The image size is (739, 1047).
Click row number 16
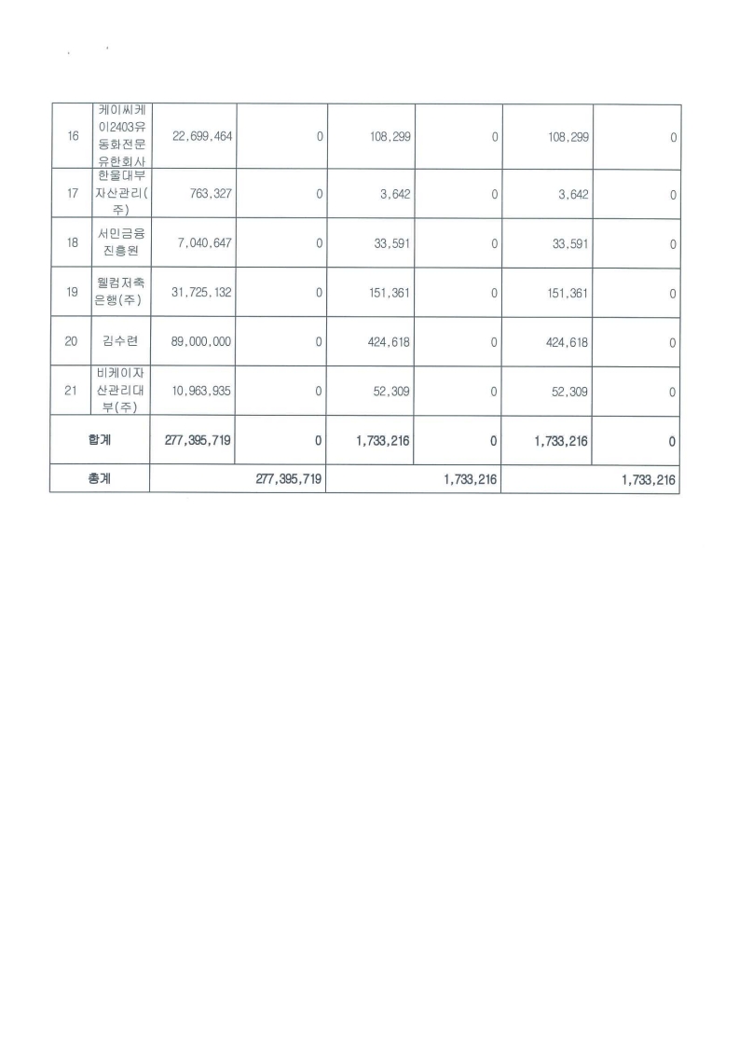[x=74, y=137]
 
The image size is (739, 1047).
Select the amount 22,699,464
[x=201, y=137]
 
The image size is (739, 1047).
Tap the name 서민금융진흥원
[x=121, y=243]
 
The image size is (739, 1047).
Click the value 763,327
[x=211, y=194]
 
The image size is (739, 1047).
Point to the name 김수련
[x=121, y=342]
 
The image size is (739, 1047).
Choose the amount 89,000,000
[x=201, y=342]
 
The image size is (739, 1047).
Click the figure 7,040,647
[x=205, y=243]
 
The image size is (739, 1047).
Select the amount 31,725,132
[x=201, y=293]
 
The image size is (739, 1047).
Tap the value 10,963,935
[x=201, y=392]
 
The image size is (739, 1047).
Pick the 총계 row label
[x=100, y=481]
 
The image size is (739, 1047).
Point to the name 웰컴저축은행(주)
[x=121, y=293]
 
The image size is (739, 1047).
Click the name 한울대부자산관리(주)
[x=121, y=194]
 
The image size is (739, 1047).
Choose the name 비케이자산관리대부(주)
[x=121, y=392]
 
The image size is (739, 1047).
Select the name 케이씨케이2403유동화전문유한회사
[x=121, y=137]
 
